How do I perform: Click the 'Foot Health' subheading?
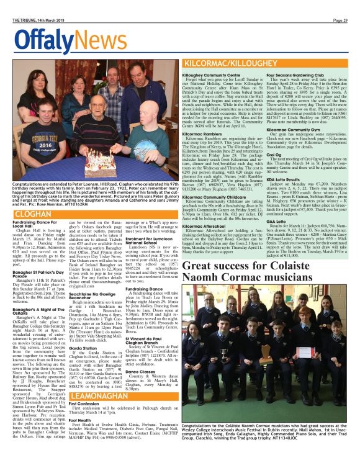pos(84,419)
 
